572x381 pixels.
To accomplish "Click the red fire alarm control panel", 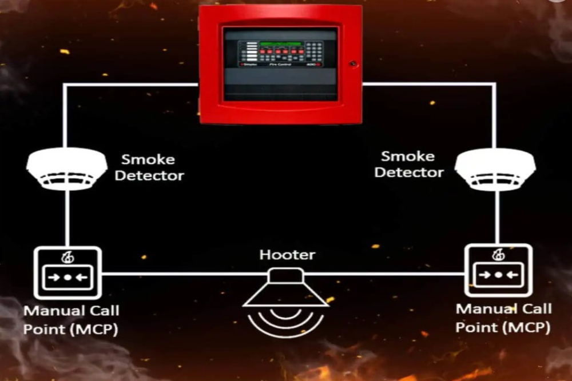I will coord(280,64).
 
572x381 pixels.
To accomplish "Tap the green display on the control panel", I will coord(280,44).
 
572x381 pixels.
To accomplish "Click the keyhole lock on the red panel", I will coord(353,64).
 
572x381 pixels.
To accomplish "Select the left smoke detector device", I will coord(66,169).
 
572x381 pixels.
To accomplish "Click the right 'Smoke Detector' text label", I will coord(412,164).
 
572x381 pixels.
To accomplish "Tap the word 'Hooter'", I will coord(287,254).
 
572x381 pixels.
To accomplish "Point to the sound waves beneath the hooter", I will coord(287,320).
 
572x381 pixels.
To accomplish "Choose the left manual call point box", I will coord(67,272).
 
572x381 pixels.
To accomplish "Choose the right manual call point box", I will coord(498,270).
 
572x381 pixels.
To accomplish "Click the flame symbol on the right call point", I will coord(498,254).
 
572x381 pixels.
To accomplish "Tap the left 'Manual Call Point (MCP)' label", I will coord(71,320).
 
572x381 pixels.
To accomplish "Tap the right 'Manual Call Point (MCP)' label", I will coord(503,318).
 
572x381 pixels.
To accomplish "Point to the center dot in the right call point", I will coord(498,275).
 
